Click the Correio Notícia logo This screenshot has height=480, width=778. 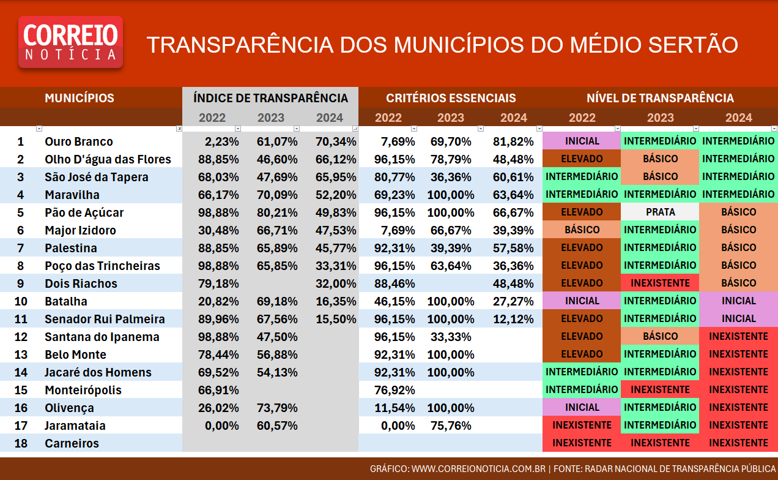tap(70, 42)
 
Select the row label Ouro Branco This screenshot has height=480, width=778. tap(79, 141)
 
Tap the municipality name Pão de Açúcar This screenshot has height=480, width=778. tap(84, 212)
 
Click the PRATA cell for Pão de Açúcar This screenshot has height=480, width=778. tap(660, 212)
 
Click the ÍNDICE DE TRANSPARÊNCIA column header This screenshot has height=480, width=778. tap(270, 98)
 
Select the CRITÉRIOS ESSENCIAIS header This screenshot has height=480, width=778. tap(451, 98)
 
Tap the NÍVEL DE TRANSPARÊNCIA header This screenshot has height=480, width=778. tap(660, 98)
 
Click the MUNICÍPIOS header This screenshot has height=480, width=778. tap(80, 98)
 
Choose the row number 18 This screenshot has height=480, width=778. tap(21, 443)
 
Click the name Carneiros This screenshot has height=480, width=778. tap(72, 443)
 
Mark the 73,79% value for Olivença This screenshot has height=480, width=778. tap(277, 408)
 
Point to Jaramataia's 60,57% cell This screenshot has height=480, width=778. tap(277, 426)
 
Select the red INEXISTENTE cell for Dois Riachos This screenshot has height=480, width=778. tap(660, 283)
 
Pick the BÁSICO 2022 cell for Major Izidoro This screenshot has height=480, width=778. tap(582, 230)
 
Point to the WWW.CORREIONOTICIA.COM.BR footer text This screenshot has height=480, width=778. tap(478, 468)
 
